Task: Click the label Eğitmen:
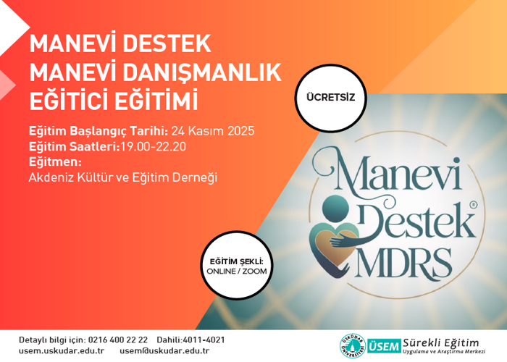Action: [x=55, y=161]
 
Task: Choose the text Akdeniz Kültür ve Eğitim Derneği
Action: [x=123, y=177]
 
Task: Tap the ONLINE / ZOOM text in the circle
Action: [x=236, y=270]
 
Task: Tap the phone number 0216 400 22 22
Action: [x=117, y=340]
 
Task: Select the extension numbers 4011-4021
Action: [x=206, y=340]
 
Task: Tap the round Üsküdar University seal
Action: [x=352, y=345]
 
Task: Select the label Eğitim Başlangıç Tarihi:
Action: [x=98, y=132]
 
